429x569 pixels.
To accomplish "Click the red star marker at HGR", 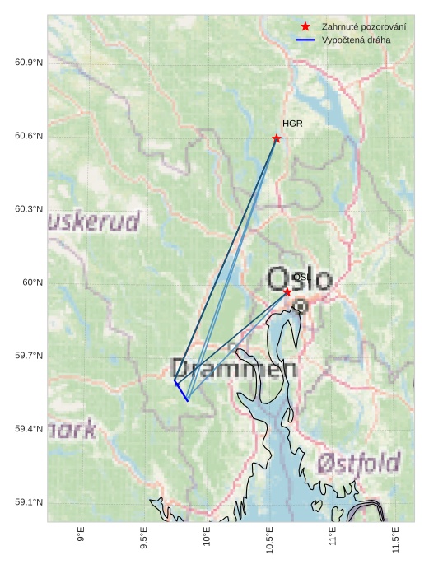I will point(277,138).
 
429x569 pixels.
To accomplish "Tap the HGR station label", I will point(292,124).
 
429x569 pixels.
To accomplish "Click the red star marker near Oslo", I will point(287,292).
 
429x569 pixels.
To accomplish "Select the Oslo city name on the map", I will point(300,280).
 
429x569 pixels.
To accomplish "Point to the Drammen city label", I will point(234,369).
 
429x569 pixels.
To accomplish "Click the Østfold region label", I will point(359,463).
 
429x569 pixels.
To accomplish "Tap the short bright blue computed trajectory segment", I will point(181,392).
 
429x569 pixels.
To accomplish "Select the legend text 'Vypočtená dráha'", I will point(356,40).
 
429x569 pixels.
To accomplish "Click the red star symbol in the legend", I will point(305,27).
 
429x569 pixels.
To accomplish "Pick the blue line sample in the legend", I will point(305,40).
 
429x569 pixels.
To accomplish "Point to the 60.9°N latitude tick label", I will point(29,63).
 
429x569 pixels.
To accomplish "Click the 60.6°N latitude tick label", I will point(29,136).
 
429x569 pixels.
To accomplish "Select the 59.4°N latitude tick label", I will point(29,429).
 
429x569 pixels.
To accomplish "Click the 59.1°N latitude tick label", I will point(29,502).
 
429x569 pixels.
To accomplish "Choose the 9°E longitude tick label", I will point(81,535).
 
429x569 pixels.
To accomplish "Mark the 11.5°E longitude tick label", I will point(396,539).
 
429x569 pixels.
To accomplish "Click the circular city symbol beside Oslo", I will point(301,306).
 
